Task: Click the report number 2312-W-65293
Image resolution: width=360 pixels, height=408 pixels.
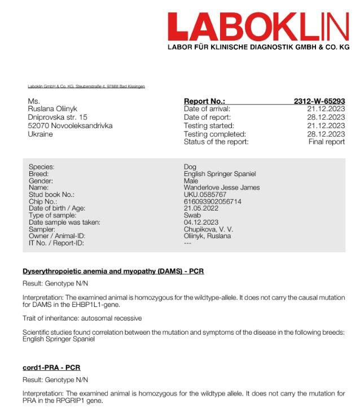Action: coord(319,101)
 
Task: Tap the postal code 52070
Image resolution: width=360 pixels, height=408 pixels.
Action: coord(39,126)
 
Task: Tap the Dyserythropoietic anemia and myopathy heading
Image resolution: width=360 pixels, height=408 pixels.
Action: coord(113,271)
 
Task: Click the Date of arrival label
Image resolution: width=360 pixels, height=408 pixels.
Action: coord(207,109)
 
